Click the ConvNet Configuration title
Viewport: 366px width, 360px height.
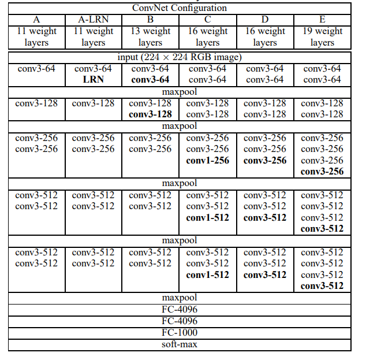click(x=179, y=8)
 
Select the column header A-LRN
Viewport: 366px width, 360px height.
click(x=93, y=20)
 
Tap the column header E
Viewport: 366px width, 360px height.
click(x=322, y=20)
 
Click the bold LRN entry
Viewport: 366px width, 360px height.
click(x=93, y=79)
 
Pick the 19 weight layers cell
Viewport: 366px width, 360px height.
click(x=322, y=36)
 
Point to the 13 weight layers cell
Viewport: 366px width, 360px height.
click(x=150, y=36)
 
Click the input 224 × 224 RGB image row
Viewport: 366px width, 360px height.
click(x=179, y=57)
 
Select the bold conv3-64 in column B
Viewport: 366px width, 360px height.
click(x=150, y=79)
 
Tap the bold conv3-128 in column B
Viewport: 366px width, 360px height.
click(x=150, y=114)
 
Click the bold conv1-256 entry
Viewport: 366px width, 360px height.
click(x=207, y=160)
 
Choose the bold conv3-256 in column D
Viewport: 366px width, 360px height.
click(x=264, y=160)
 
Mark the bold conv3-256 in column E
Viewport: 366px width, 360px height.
click(x=322, y=171)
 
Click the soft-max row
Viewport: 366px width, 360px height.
click(x=179, y=344)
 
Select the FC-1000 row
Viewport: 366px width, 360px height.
click(x=179, y=332)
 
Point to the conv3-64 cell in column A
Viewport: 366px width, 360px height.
click(x=36, y=69)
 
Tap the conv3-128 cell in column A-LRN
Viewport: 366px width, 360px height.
click(x=93, y=103)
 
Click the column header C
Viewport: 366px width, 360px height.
click(x=207, y=20)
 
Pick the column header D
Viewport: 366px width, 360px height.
click(x=264, y=20)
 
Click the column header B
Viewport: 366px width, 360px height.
click(x=150, y=20)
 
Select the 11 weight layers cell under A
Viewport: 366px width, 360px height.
click(x=36, y=36)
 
